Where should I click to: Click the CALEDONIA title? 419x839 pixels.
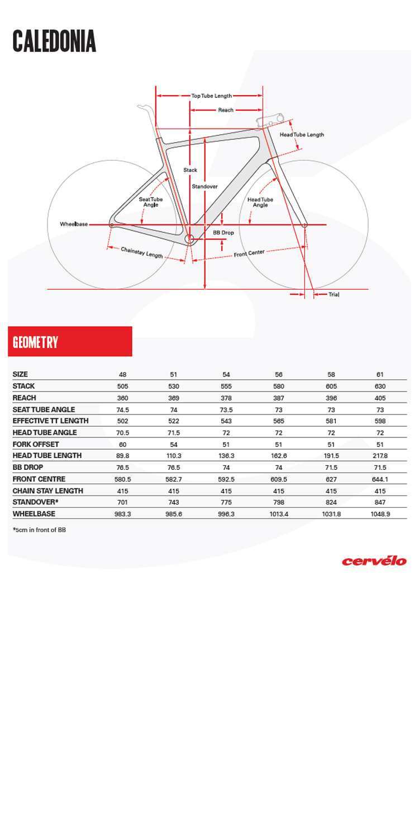(54, 41)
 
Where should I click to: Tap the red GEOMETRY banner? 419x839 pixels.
(70, 341)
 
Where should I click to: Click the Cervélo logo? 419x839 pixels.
(374, 560)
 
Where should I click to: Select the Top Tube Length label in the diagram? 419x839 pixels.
(211, 96)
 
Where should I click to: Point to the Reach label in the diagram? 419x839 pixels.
(226, 110)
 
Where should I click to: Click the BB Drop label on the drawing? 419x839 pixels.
(223, 232)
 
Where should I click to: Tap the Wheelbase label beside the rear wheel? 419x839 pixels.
(74, 224)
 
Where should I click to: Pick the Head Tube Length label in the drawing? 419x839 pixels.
(302, 135)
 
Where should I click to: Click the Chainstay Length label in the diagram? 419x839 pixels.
(142, 252)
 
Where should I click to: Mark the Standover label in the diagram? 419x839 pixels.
(204, 186)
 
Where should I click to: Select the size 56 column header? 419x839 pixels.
(279, 375)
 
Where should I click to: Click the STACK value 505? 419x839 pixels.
(122, 386)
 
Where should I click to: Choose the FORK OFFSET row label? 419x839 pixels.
(36, 444)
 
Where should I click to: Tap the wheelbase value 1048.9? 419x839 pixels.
(380, 514)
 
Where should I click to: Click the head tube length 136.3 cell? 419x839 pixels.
(226, 456)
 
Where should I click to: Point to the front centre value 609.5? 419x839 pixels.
(279, 479)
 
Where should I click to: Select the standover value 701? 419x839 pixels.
(122, 502)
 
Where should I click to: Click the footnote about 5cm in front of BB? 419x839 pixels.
(39, 529)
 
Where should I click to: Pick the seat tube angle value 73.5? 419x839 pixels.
(226, 410)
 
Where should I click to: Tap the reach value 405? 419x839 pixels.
(380, 398)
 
